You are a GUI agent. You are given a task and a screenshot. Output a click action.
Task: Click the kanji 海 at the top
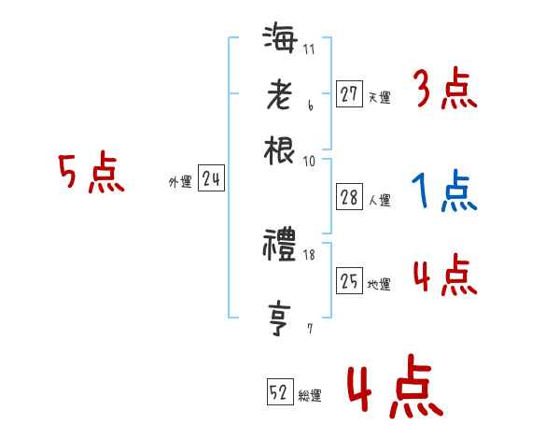(280, 41)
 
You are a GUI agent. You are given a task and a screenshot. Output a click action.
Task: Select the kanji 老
(280, 95)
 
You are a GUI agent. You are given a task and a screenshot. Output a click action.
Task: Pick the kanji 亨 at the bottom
(280, 319)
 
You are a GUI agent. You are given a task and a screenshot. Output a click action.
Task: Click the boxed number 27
(349, 94)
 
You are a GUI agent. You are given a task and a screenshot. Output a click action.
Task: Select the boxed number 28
(349, 198)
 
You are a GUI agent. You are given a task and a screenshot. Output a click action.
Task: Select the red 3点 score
(444, 91)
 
